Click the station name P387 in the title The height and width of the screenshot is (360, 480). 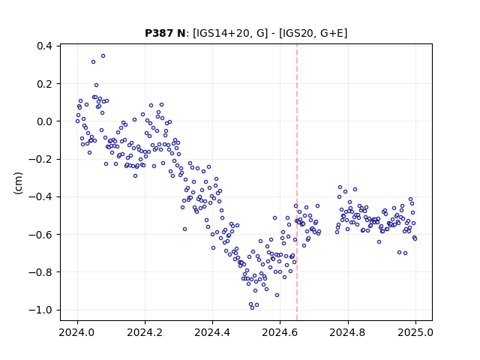click(159, 33)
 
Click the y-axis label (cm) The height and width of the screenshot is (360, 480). click(18, 183)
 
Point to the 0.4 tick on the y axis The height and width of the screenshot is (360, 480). click(44, 46)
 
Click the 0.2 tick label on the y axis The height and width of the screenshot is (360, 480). click(44, 83)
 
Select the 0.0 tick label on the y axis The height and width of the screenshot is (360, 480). click(44, 121)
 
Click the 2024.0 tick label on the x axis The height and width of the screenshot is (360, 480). click(77, 332)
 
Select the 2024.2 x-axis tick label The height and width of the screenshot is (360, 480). click(145, 332)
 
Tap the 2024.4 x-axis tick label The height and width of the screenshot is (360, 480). click(212, 332)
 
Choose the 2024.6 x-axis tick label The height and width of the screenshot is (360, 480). click(280, 332)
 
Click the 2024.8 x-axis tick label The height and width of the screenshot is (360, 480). click(348, 332)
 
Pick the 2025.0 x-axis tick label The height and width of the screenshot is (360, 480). click(415, 332)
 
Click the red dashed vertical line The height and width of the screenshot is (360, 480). click(297, 182)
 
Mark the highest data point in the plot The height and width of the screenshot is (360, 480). click(103, 56)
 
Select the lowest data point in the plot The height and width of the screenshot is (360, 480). click(252, 307)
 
